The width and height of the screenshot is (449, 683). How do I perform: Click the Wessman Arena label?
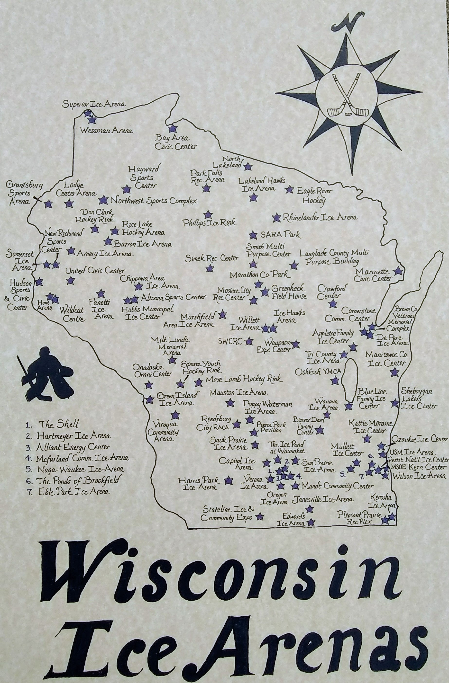[x=106, y=131]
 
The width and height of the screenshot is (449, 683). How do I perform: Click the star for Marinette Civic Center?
[x=398, y=271]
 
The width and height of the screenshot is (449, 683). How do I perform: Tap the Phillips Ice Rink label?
[x=209, y=222]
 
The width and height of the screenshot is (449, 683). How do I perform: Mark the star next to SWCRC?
[x=249, y=341]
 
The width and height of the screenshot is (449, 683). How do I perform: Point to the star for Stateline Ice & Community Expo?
[x=260, y=516]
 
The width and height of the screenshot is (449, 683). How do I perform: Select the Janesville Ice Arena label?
[x=322, y=500]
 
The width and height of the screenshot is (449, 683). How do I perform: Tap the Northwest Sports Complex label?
[x=154, y=201]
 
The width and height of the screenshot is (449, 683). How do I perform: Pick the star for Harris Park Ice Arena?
[x=228, y=480]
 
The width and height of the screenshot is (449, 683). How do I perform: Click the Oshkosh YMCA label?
[x=318, y=372]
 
